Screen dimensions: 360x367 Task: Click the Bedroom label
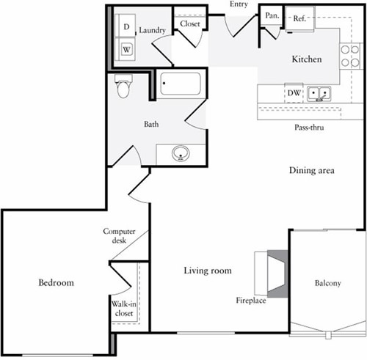click(x=56, y=282)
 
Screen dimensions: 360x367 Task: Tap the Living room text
click(x=208, y=271)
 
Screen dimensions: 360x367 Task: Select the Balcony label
click(x=327, y=283)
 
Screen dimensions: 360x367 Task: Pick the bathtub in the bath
click(x=181, y=85)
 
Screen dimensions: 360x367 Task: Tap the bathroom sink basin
click(x=180, y=154)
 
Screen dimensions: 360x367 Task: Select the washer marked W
click(x=126, y=49)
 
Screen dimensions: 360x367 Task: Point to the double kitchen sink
click(x=319, y=93)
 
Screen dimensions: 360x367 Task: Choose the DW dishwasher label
click(x=294, y=93)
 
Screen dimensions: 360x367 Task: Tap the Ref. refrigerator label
click(x=299, y=18)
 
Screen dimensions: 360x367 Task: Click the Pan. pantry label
click(x=271, y=15)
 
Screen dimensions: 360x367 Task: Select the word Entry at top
click(x=239, y=5)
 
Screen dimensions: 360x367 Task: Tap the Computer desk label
click(x=119, y=235)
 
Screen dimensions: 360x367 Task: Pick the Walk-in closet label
click(x=122, y=308)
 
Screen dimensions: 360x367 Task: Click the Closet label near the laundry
click(x=190, y=23)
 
